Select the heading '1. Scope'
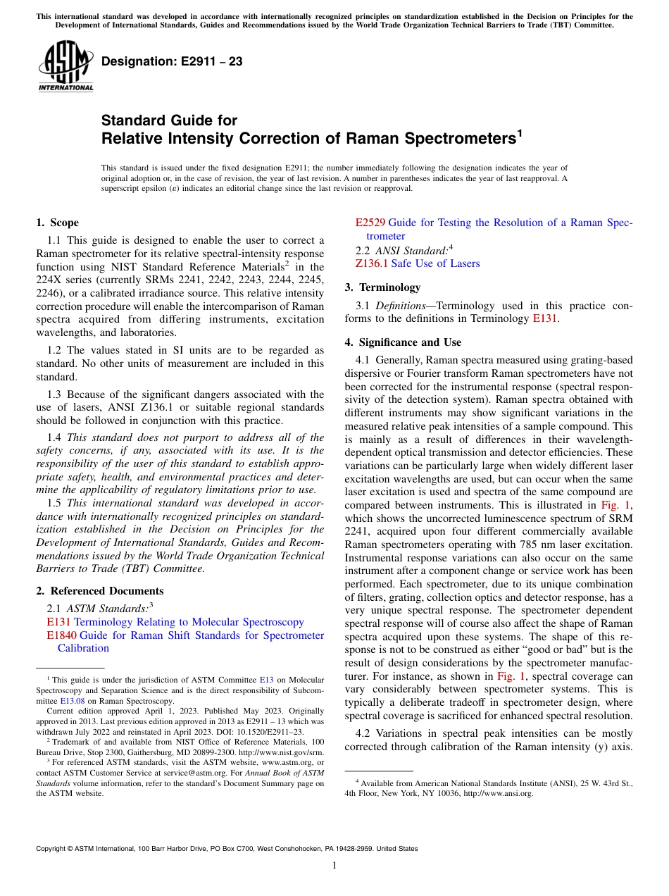pyautogui.click(x=57, y=223)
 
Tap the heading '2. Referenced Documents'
pyautogui.click(x=99, y=591)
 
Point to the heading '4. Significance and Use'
pyautogui.click(x=403, y=342)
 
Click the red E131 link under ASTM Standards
pyautogui.click(x=58, y=622)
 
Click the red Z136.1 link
pyautogui.click(x=371, y=263)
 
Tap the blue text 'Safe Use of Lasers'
pyautogui.click(x=435, y=263)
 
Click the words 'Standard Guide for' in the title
pyautogui.click(x=169, y=120)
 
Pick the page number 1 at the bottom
pyautogui.click(x=334, y=866)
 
